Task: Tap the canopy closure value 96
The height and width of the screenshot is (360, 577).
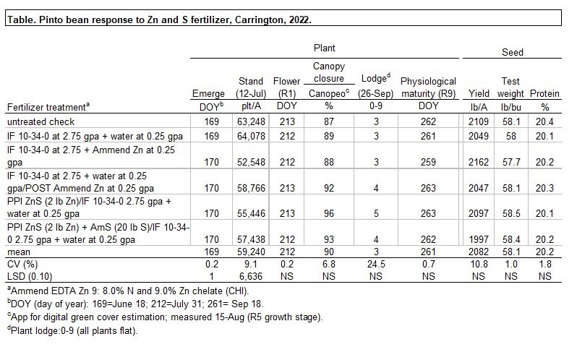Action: click(x=329, y=205)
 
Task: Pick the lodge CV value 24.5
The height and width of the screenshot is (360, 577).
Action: click(x=374, y=263)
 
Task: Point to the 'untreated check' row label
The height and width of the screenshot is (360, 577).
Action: click(x=36, y=121)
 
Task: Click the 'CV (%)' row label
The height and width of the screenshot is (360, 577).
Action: click(x=22, y=263)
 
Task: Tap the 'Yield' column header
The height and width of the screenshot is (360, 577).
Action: click(x=478, y=94)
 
